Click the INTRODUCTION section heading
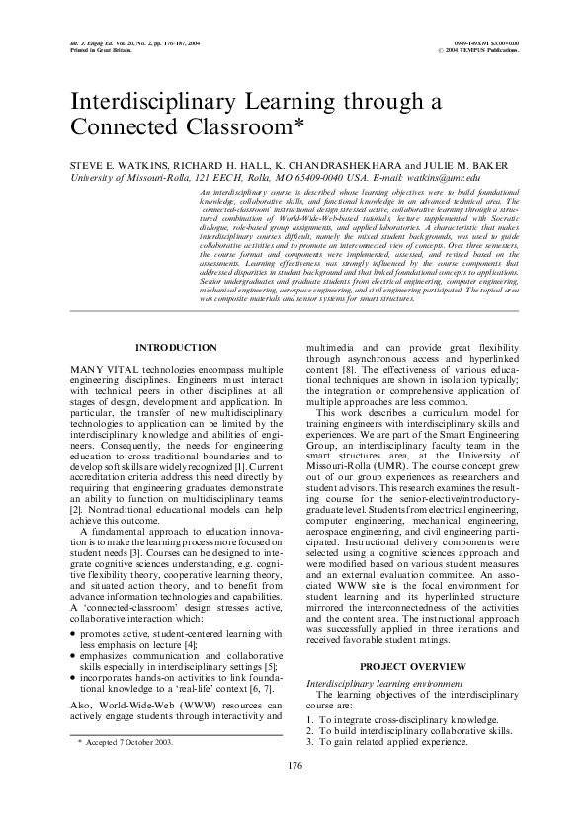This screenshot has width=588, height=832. point(175,348)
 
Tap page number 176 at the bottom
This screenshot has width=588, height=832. point(294,791)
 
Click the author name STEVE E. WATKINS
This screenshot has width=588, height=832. point(109,163)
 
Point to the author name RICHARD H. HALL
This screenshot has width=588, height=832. point(215,163)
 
